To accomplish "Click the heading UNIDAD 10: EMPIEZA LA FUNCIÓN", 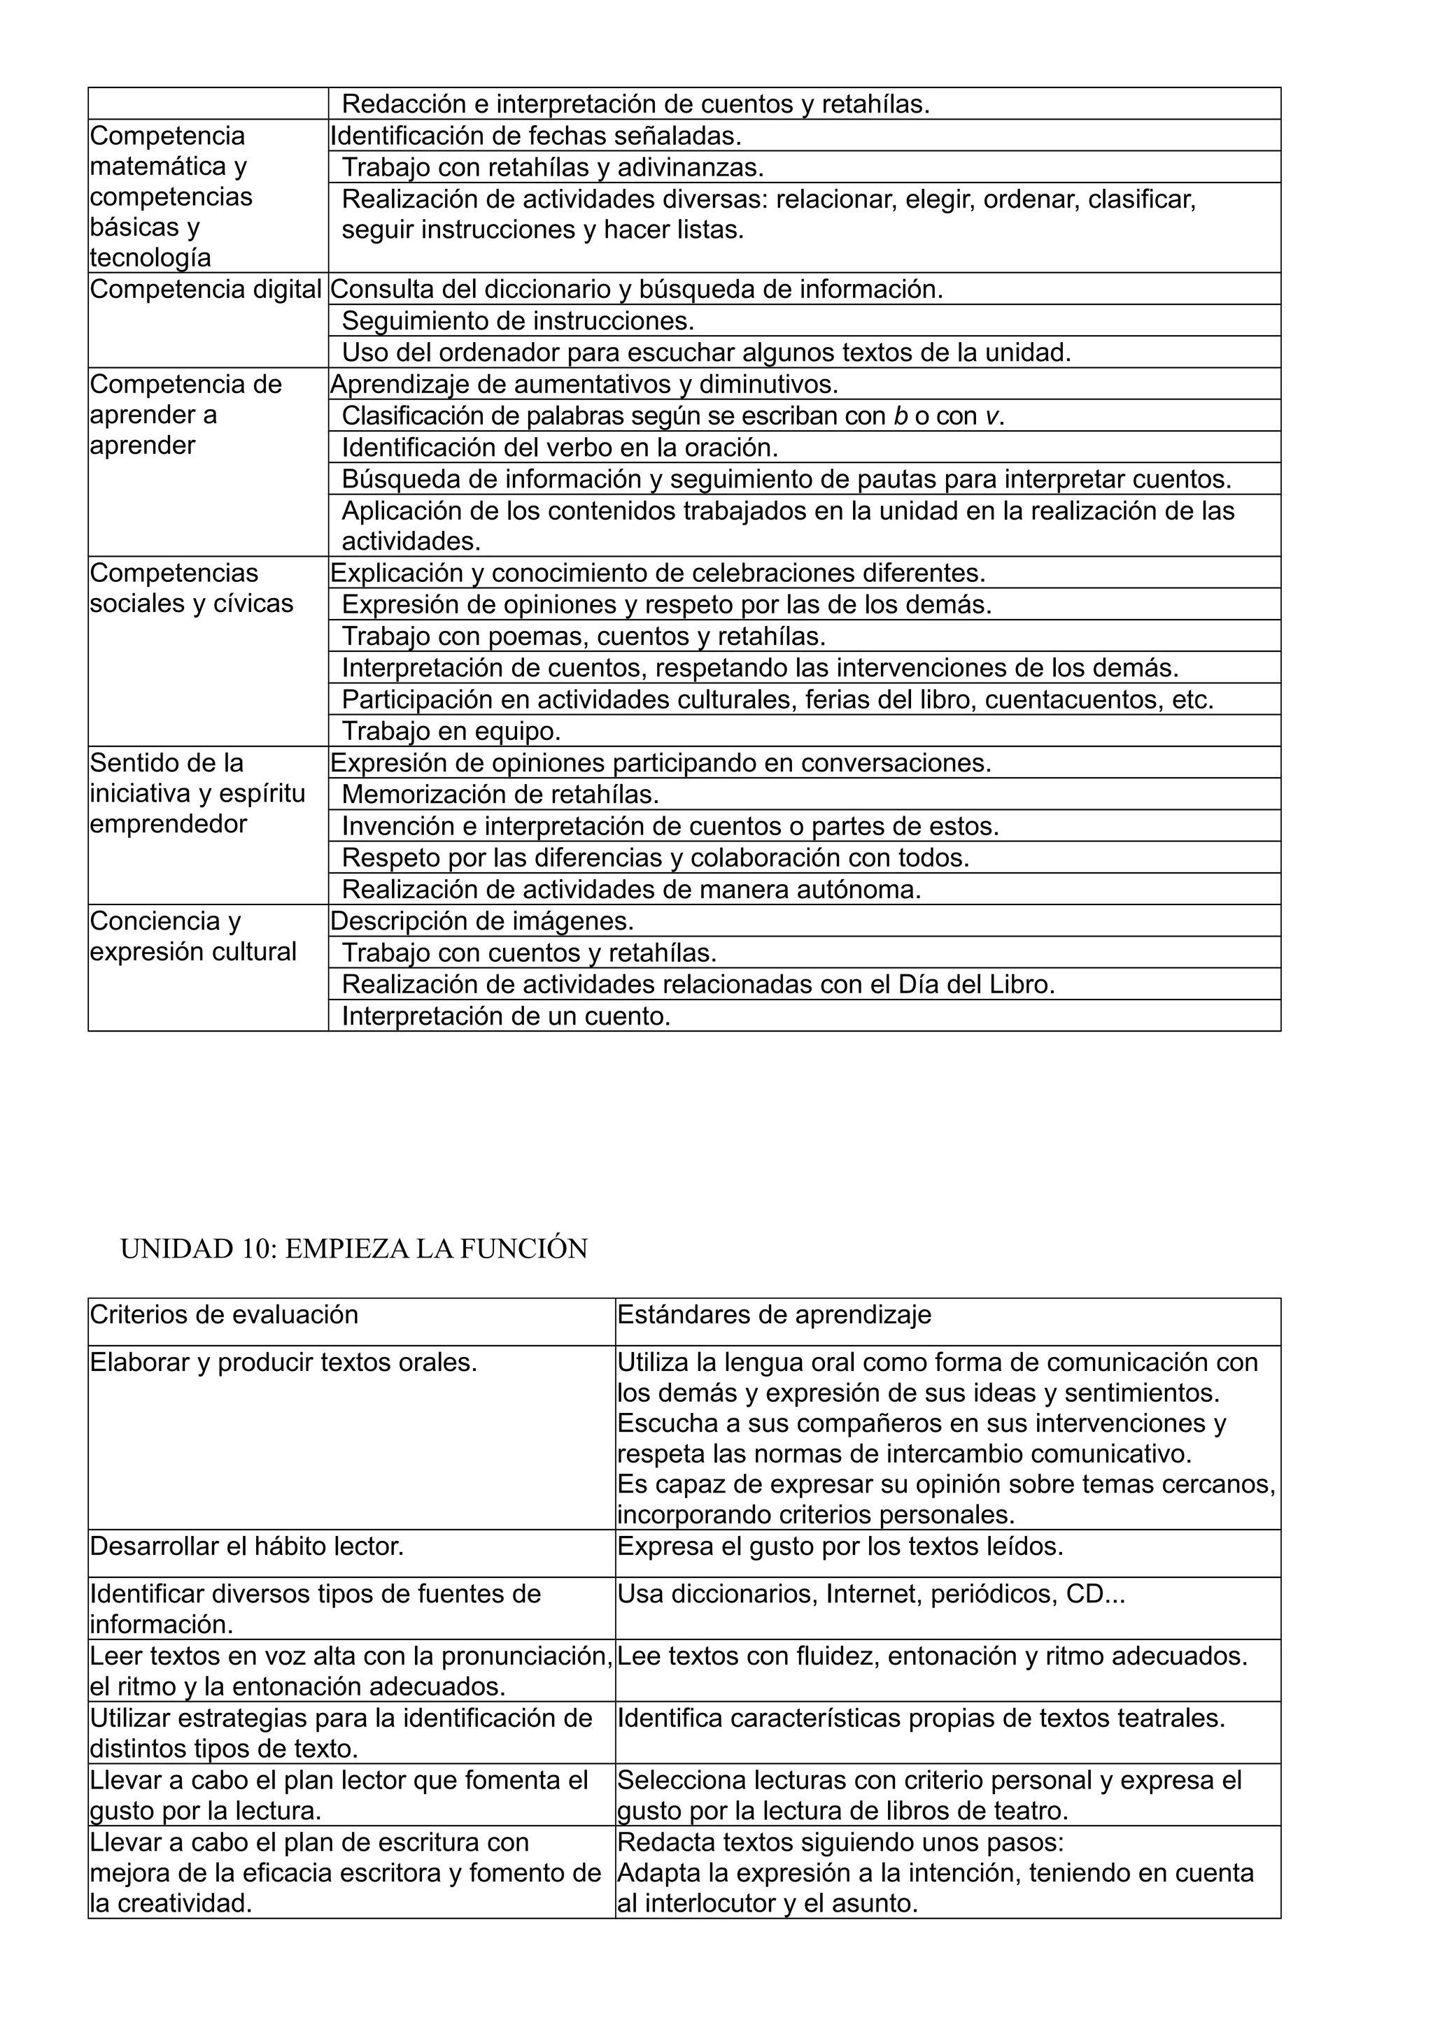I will tap(353, 1249).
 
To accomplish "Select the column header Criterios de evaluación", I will tap(225, 1314).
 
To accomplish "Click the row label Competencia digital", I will tap(206, 290).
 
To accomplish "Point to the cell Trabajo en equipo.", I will tap(451, 731).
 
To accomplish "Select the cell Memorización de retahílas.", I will tap(500, 795).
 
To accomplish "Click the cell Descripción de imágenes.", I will tap(482, 920).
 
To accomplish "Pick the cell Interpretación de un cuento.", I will tap(506, 1016).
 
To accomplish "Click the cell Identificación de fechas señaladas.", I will tap(536, 136).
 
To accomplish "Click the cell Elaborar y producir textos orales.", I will tap(283, 1363).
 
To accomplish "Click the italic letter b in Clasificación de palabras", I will tap(901, 415).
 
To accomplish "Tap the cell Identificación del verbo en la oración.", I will tap(560, 448).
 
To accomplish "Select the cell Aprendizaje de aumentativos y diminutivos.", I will tap(584, 385).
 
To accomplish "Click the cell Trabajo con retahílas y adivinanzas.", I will tap(553, 167).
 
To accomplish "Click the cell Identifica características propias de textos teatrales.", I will tap(921, 1718).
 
